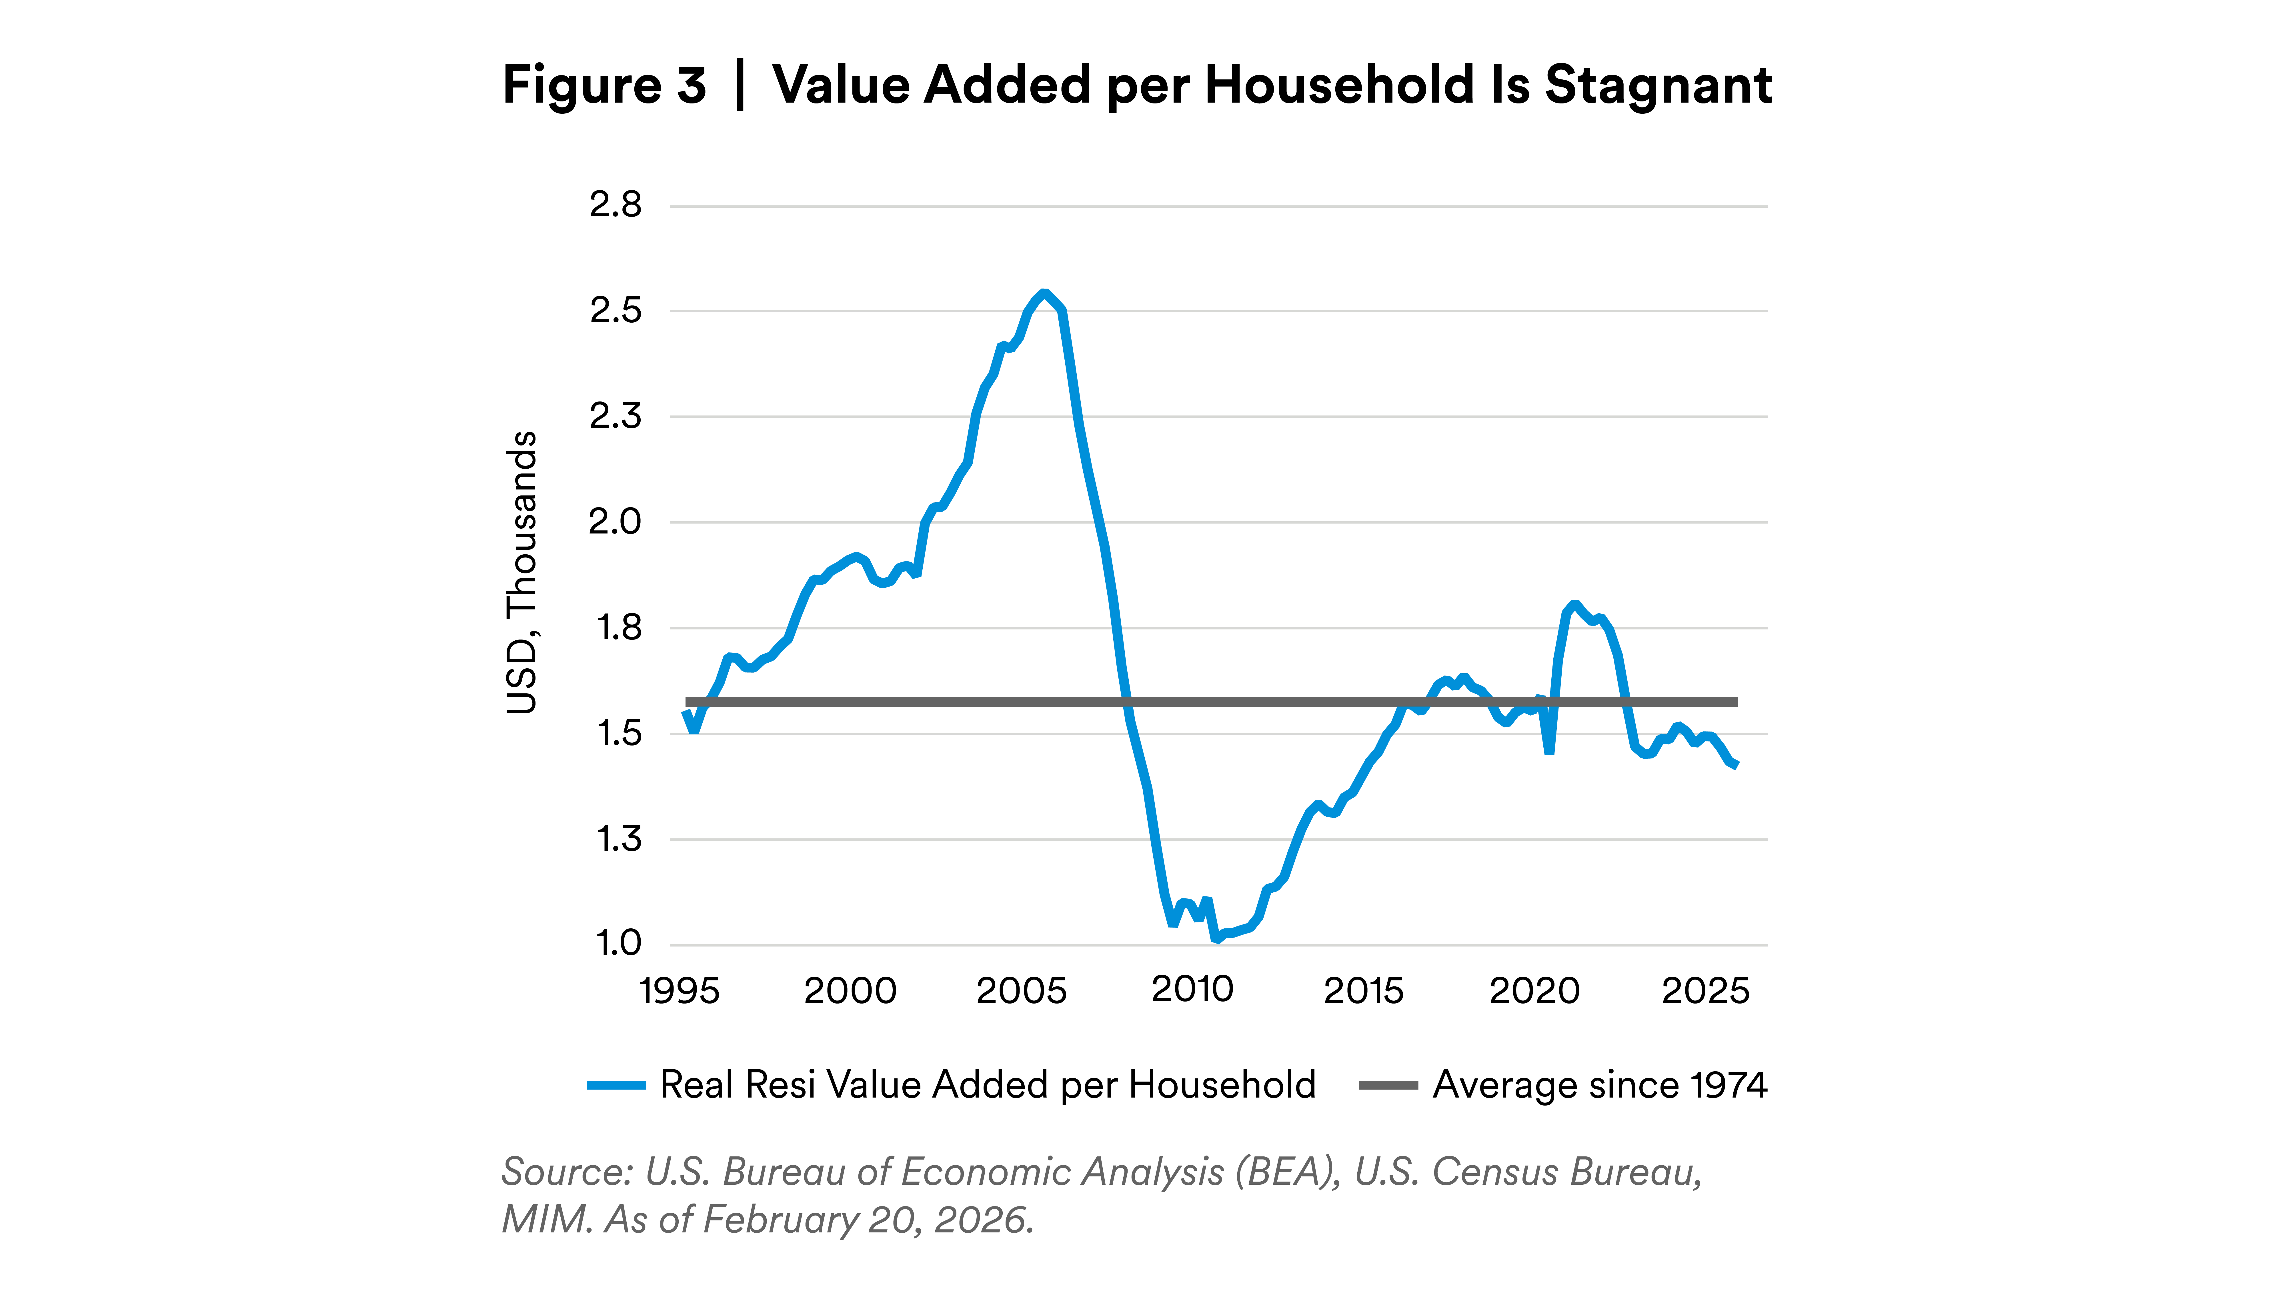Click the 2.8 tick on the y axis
614,205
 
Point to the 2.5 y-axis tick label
614,311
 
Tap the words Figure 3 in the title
605,85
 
